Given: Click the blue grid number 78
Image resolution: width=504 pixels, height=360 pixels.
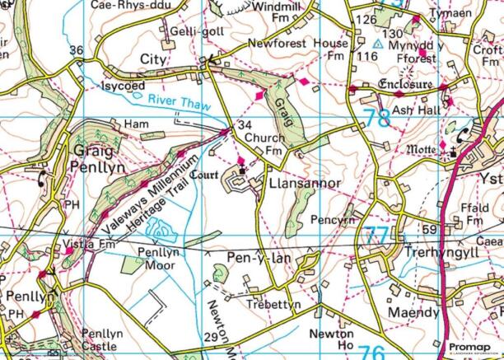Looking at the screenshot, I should coord(376,118).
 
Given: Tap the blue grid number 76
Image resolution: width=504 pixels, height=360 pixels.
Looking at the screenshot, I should coord(371,352).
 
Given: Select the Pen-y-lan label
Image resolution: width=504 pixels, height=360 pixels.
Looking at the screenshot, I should coord(254,259).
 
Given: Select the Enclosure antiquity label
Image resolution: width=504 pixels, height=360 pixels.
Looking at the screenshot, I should coord(404,85).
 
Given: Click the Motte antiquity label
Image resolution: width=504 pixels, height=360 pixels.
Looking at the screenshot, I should coord(422,150).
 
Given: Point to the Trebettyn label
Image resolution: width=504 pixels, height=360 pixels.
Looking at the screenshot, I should coord(274,305).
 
